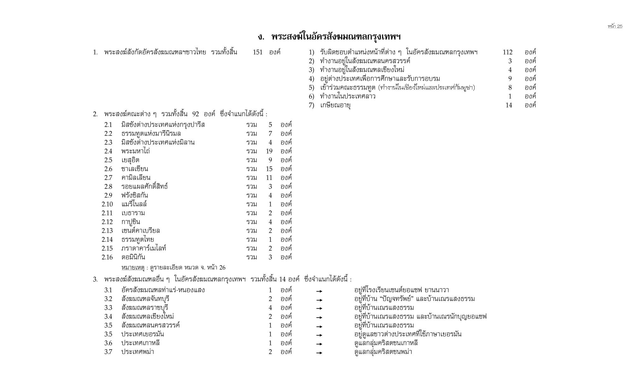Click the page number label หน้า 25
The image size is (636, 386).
pyautogui.click(x=615, y=26)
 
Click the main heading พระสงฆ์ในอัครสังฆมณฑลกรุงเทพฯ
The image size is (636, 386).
pyautogui.click(x=329, y=37)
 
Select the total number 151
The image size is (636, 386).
pyautogui.click(x=257, y=52)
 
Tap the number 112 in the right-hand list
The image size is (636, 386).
pyautogui.click(x=507, y=52)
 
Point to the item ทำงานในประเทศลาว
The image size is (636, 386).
pyautogui.click(x=347, y=96)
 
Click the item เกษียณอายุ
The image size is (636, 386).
pyautogui.click(x=335, y=105)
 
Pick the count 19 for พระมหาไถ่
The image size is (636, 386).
pyautogui.click(x=269, y=151)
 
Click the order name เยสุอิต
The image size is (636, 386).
pyautogui.click(x=130, y=160)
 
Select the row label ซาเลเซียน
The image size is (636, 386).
pyautogui.click(x=135, y=169)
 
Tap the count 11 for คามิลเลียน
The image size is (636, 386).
pyautogui.click(x=269, y=178)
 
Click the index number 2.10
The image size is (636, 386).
pyautogui.click(x=107, y=204)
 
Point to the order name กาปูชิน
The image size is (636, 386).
pyautogui.click(x=131, y=222)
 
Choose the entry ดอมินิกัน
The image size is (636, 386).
pyautogui.click(x=133, y=257)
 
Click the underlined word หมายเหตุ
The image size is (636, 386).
pyautogui.click(x=133, y=268)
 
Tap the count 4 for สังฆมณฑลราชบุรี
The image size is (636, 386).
pyautogui.click(x=270, y=308)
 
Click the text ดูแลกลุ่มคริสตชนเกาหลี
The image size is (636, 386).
pyautogui.click(x=386, y=343)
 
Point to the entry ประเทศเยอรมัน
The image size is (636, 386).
pyautogui.click(x=143, y=334)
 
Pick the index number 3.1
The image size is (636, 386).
pyautogui.click(x=108, y=290)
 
